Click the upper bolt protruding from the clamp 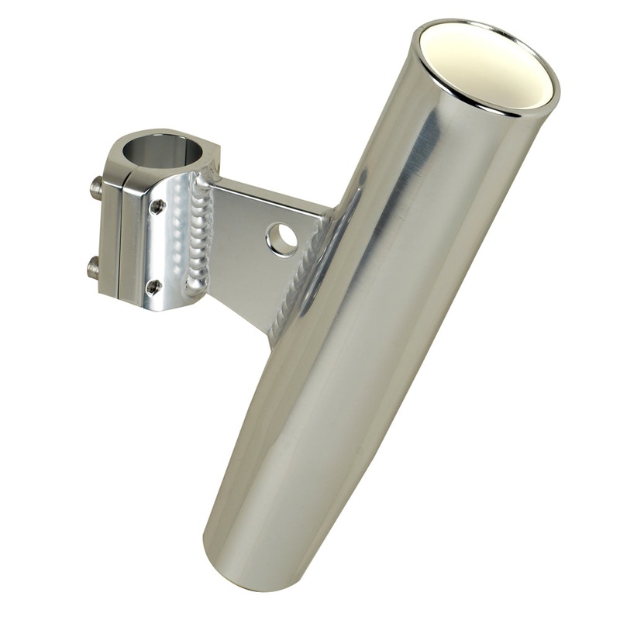[x=96, y=186]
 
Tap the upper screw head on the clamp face [x=157, y=206]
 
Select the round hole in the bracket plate [x=281, y=239]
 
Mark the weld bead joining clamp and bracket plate [x=199, y=236]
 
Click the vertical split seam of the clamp [x=118, y=232]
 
